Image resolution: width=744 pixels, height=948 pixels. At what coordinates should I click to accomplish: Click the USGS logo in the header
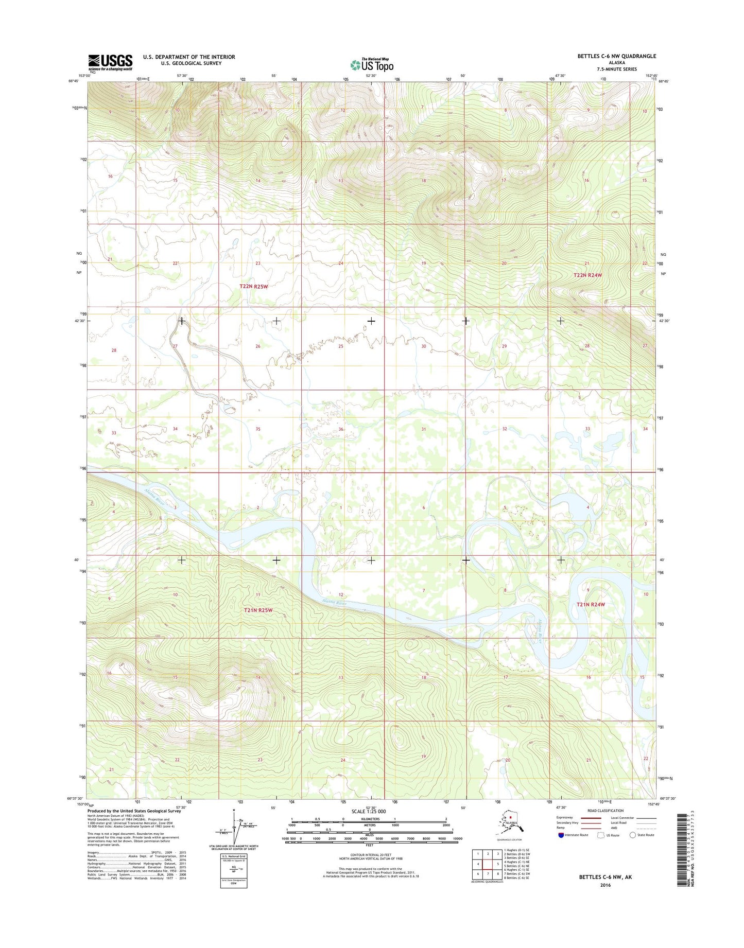point(110,63)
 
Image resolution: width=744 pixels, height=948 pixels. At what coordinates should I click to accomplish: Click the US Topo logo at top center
point(372,65)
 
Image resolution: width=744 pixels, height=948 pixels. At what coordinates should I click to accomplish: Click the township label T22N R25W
point(254,286)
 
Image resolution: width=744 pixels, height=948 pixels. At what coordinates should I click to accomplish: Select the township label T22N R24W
point(587,275)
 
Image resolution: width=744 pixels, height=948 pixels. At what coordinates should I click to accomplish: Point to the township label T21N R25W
point(257,610)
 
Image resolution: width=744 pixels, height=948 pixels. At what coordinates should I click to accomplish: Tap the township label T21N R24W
point(591,605)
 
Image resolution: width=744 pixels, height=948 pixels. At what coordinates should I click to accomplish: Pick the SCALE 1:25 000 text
point(368,812)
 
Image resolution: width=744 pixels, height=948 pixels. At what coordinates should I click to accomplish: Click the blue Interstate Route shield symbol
point(561,835)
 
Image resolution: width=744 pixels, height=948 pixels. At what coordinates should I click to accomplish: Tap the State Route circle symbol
point(633,835)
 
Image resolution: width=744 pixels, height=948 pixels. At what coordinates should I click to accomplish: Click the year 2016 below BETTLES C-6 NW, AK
point(605,885)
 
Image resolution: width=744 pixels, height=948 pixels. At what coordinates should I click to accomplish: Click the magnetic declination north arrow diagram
point(236,828)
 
